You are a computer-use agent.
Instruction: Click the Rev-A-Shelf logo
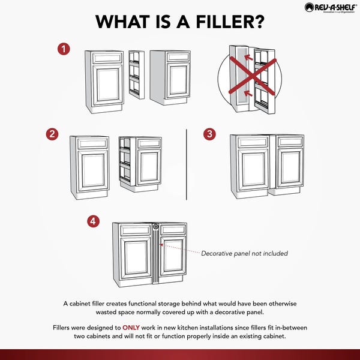(331, 7)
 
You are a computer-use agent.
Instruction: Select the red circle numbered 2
(52, 134)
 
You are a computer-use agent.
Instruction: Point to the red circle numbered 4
(93, 221)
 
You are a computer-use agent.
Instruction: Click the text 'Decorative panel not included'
(244, 253)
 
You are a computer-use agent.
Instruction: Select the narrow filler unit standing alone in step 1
(137, 74)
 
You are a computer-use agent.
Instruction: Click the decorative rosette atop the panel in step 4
(155, 227)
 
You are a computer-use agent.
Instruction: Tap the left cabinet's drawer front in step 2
(89, 144)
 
